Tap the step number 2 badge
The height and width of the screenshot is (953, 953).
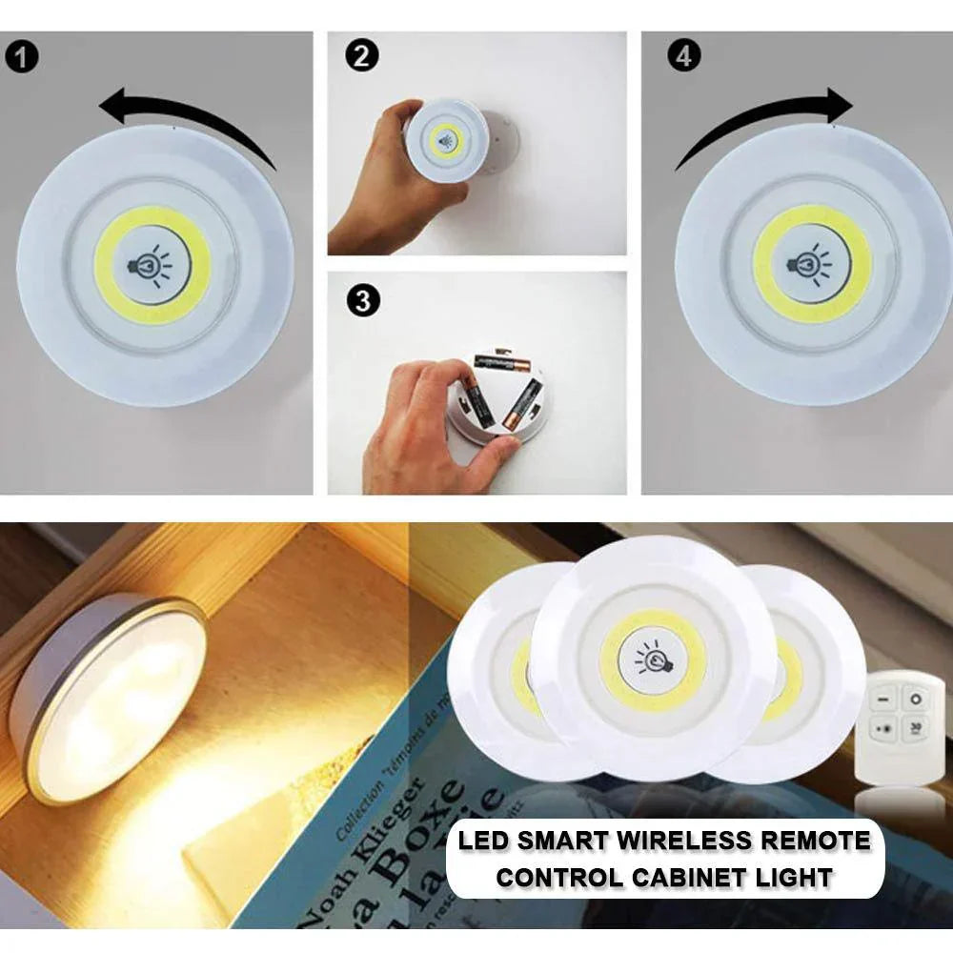360,56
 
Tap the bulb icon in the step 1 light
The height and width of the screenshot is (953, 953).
152,265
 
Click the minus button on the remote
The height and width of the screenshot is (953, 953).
882,700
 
